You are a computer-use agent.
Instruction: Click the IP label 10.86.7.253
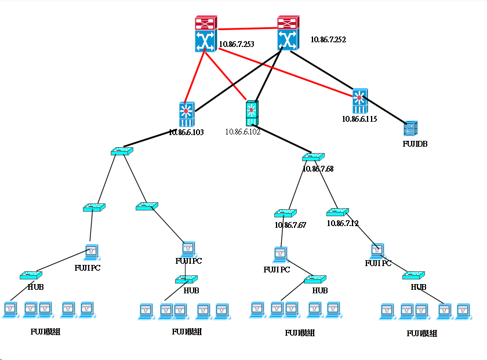(237, 44)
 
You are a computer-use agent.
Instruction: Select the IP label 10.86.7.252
(328, 40)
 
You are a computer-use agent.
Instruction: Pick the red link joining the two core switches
(246, 27)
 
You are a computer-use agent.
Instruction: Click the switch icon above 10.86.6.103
(186, 114)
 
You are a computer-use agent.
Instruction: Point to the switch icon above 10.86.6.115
(359, 101)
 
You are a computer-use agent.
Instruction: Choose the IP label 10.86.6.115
(359, 119)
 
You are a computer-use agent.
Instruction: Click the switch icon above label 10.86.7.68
(313, 157)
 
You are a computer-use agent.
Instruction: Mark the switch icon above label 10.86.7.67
(285, 213)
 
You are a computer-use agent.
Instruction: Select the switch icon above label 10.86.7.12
(338, 212)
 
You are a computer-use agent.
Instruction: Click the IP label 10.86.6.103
(186, 133)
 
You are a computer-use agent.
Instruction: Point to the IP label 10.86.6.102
(243, 132)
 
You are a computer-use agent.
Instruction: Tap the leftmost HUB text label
(36, 287)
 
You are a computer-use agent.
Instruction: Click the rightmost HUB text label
(419, 287)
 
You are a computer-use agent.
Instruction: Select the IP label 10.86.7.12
(343, 223)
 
